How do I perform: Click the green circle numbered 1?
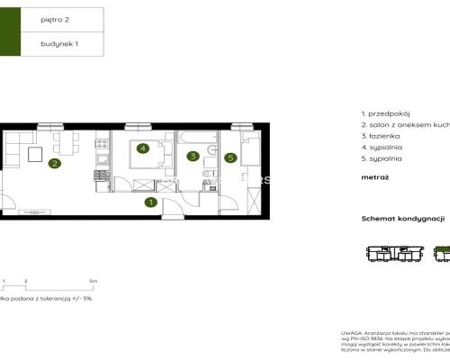point(150,202)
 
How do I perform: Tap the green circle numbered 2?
point(55,164)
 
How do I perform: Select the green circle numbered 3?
point(193,156)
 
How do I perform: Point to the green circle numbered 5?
point(230,158)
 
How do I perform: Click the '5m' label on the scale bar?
point(81,282)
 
